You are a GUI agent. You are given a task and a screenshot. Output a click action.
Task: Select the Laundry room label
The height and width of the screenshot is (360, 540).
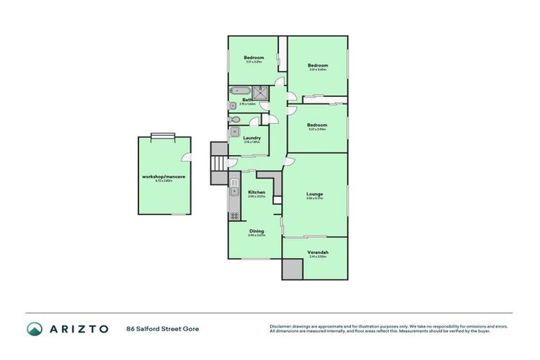click(x=252, y=138)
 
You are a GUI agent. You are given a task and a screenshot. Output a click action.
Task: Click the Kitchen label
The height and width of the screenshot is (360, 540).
click(x=256, y=192)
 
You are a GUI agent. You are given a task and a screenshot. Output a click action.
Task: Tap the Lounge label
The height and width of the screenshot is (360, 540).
click(x=314, y=194)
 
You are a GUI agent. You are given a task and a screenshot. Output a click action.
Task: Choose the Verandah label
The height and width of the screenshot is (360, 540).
click(x=318, y=252)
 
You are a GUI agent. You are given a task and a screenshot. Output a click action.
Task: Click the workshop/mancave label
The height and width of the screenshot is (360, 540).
click(x=164, y=176)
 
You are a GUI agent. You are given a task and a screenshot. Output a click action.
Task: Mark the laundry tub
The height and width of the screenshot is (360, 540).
click(x=236, y=132)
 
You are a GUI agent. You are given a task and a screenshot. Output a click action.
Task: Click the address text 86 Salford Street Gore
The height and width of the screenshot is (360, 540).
click(x=159, y=328)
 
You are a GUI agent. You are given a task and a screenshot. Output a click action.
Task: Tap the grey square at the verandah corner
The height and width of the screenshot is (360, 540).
click(x=290, y=269)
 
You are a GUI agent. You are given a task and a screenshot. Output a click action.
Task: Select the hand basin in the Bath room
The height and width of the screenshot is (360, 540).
click(x=233, y=105)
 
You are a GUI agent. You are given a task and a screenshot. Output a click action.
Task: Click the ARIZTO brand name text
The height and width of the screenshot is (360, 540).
click(x=78, y=328)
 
